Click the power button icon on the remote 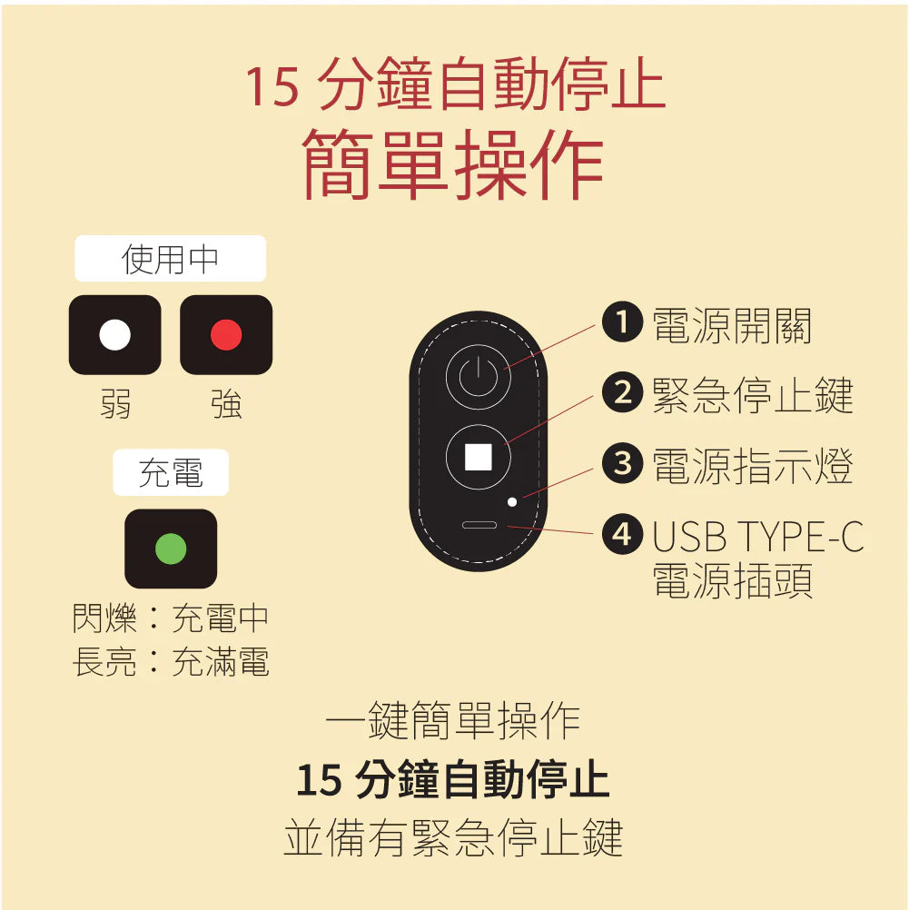478,377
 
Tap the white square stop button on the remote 478,457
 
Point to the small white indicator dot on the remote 513,501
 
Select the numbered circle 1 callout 621,321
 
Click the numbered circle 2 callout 621,392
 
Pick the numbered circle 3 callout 621,463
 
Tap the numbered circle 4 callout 621,533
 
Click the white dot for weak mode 115,335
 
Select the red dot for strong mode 226,335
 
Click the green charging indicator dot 171,549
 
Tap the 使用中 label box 170,259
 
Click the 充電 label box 171,472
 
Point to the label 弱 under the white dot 115,404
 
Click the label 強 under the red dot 226,404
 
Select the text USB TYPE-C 757,538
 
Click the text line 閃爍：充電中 171,619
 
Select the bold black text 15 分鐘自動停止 452,779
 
